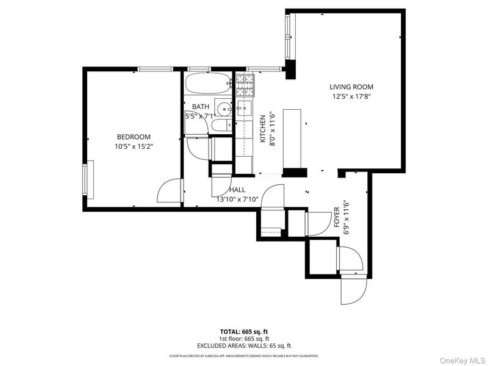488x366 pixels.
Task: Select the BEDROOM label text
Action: (134, 137)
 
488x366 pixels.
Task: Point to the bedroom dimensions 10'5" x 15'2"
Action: (134, 146)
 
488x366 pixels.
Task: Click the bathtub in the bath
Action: (207, 83)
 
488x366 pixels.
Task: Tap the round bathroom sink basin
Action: (224, 110)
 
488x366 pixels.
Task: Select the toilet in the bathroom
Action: (219, 126)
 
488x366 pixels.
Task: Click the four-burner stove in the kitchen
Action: (245, 85)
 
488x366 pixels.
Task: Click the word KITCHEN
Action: (264, 129)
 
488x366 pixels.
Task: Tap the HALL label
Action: (237, 190)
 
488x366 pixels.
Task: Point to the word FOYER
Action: (336, 218)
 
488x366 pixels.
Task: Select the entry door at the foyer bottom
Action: (354, 289)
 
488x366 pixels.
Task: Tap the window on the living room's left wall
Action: (290, 37)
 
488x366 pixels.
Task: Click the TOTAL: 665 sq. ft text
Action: (243, 331)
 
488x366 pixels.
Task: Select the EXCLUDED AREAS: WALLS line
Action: (243, 345)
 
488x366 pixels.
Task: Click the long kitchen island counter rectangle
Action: (292, 138)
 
